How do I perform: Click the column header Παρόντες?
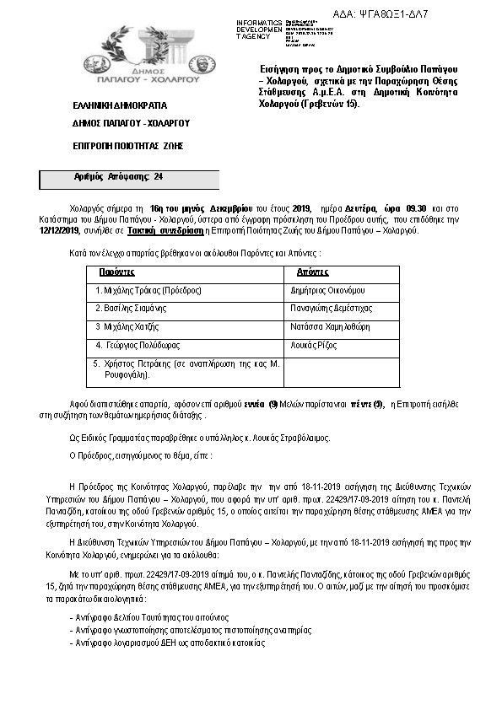[x=117, y=272]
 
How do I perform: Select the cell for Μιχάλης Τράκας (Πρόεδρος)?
[x=148, y=290]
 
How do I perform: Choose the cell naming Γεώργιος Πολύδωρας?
[x=139, y=345]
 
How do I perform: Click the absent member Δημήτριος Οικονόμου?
[x=328, y=290]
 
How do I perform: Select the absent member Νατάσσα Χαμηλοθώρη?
[x=331, y=326]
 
